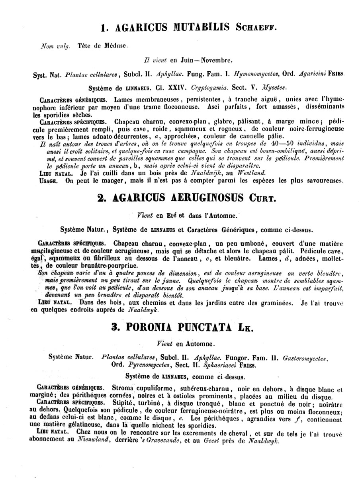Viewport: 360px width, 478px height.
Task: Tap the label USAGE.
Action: pyautogui.click(x=49, y=180)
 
